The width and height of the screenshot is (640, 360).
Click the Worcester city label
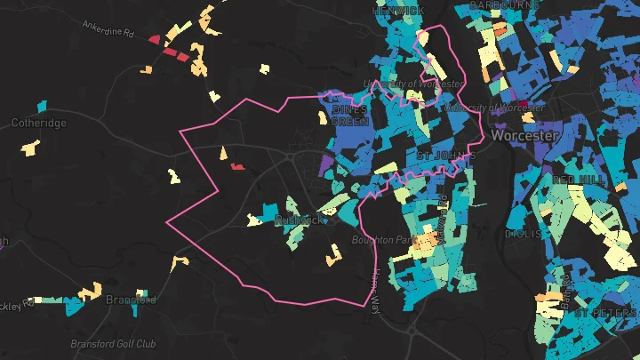(524, 137)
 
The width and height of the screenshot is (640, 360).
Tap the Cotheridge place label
(38, 124)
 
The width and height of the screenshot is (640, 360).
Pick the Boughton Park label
(383, 240)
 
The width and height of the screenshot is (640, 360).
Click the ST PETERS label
(606, 315)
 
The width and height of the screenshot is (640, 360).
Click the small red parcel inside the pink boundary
(236, 165)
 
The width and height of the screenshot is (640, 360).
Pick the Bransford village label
(131, 300)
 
